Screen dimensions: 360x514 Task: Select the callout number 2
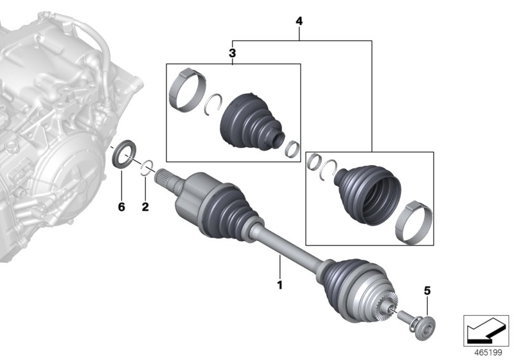pyautogui.click(x=145, y=207)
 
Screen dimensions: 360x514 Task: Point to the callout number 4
pyautogui.click(x=299, y=21)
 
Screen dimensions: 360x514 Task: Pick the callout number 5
pyautogui.click(x=427, y=290)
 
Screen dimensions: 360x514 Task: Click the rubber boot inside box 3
pyautogui.click(x=251, y=123)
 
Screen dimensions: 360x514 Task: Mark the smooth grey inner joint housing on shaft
pyautogui.click(x=191, y=194)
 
